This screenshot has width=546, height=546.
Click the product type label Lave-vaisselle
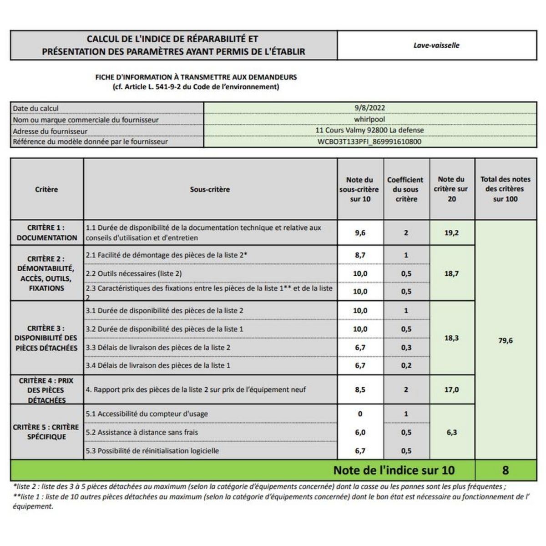point(436,45)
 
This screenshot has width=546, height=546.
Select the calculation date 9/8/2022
point(369,108)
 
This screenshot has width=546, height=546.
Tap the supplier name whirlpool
point(369,119)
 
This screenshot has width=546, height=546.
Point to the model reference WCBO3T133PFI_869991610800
point(369,142)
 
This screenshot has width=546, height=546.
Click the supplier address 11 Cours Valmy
point(369,130)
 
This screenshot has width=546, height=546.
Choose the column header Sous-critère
point(210,189)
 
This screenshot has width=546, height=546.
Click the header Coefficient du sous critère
point(405,189)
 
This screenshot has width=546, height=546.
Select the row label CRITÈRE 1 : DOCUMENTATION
point(46,233)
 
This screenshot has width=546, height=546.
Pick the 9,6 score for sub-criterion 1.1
point(360,233)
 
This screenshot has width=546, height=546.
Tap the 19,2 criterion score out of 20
point(451,233)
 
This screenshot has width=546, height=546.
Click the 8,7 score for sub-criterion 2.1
point(360,255)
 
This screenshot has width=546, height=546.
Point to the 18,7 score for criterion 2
point(451,273)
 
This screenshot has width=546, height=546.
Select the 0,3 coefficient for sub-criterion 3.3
point(406,348)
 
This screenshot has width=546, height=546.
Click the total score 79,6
point(505,340)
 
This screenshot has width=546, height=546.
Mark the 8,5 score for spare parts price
point(360,389)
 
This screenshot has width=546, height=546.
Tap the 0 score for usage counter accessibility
point(360,414)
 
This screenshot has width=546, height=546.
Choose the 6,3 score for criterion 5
point(451,432)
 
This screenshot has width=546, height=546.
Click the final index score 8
point(505,470)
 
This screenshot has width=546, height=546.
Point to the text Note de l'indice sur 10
point(394,470)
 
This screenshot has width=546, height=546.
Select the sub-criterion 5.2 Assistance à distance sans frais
point(142,432)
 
